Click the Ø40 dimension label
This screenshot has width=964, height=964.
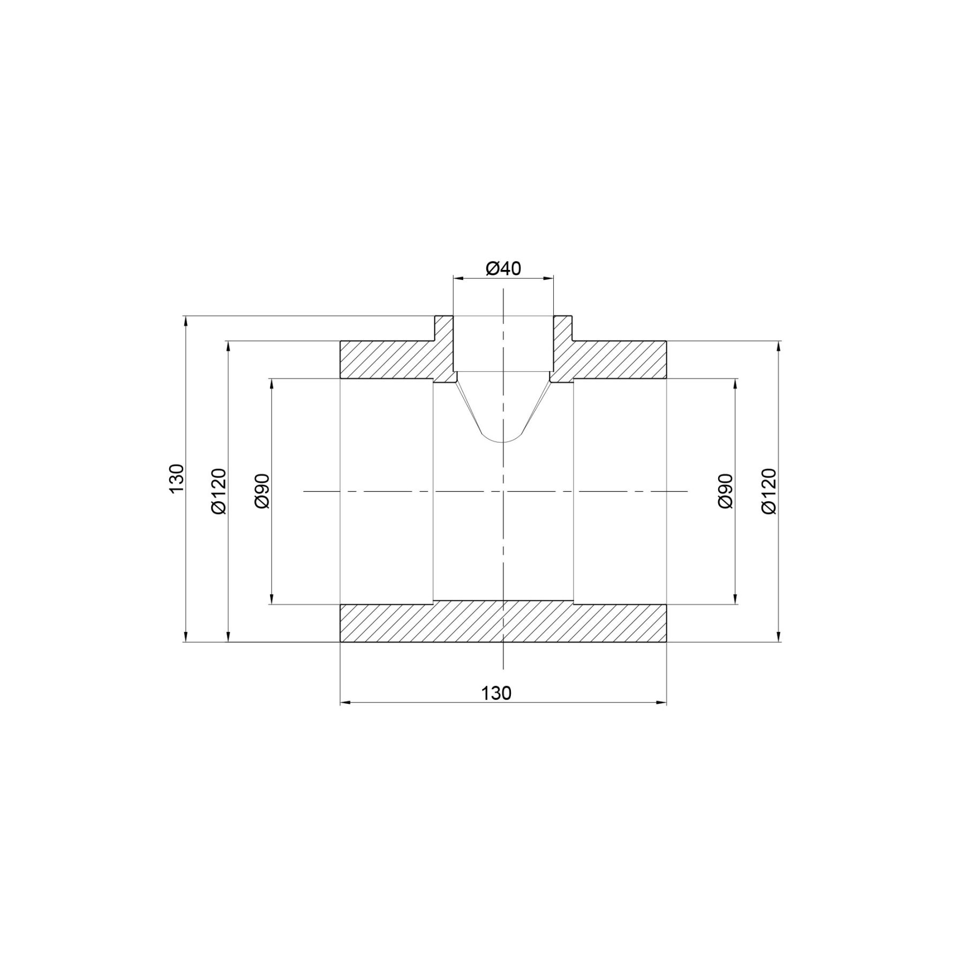[503, 268]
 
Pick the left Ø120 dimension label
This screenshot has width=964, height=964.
[219, 491]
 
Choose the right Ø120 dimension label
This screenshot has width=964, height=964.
[769, 491]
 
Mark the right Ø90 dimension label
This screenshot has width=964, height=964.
[725, 491]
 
